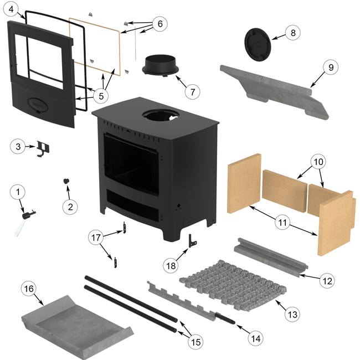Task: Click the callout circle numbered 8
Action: coord(293,33)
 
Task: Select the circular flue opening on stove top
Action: coord(161,116)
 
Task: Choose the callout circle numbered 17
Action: coord(97,238)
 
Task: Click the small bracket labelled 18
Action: coord(193,239)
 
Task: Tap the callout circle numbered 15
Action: coord(193,342)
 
